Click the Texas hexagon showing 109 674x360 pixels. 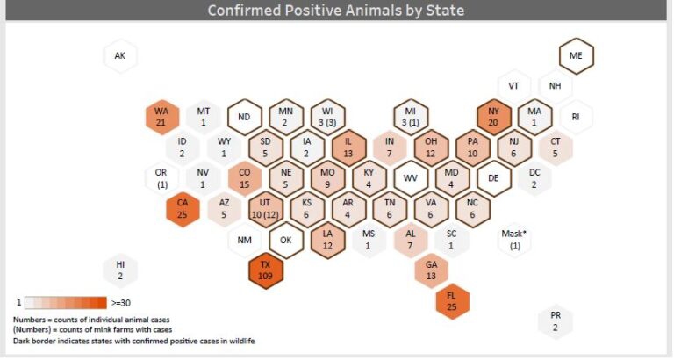[x=266, y=269]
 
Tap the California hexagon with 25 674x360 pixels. [x=182, y=209]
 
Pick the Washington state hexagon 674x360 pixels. [x=161, y=117]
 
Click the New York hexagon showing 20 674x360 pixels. [x=494, y=117]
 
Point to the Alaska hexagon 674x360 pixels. [x=120, y=56]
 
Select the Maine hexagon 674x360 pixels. [x=576, y=55]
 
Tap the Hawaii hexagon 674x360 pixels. [x=120, y=270]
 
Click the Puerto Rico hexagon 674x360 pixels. [x=555, y=321]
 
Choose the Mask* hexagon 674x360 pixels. [x=514, y=239]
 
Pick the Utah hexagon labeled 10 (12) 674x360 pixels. [x=266, y=209]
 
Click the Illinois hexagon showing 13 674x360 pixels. [x=348, y=148]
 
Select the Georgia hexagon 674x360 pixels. [x=431, y=270]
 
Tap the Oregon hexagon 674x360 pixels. [x=161, y=178]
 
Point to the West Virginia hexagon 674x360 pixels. [x=410, y=178]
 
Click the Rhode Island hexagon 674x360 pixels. [x=576, y=117]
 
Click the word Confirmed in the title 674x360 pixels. [x=247, y=11]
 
